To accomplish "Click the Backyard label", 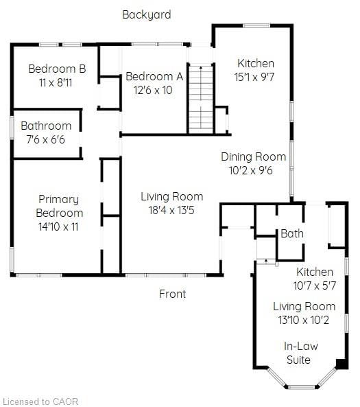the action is pyautogui.click(x=147, y=15).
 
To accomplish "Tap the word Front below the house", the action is pyautogui.click(x=173, y=294).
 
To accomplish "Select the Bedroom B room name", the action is pyautogui.click(x=57, y=69).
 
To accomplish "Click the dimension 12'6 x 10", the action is pyautogui.click(x=153, y=91).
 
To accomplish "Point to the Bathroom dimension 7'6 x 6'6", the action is pyautogui.click(x=45, y=139).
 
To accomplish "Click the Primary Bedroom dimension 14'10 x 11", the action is pyautogui.click(x=58, y=226).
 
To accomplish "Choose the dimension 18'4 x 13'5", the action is pyautogui.click(x=171, y=210).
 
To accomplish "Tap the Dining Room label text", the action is pyautogui.click(x=254, y=156).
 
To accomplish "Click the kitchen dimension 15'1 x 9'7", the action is pyautogui.click(x=254, y=77).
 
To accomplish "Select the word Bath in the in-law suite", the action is pyautogui.click(x=292, y=233).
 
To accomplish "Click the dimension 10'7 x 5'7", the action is pyautogui.click(x=315, y=286).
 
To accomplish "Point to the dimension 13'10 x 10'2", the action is pyautogui.click(x=304, y=320).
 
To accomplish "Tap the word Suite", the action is pyautogui.click(x=298, y=360).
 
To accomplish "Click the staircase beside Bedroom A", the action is pyautogui.click(x=201, y=100).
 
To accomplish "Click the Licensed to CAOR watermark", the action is pyautogui.click(x=40, y=402).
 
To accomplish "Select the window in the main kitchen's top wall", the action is pyautogui.click(x=256, y=25).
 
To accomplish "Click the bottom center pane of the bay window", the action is pyautogui.click(x=301, y=387).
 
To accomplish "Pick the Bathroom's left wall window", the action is pyautogui.click(x=12, y=127).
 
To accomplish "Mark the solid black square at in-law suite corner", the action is pyautogui.click(x=342, y=364).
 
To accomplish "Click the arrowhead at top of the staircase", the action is pyautogui.click(x=201, y=67).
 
